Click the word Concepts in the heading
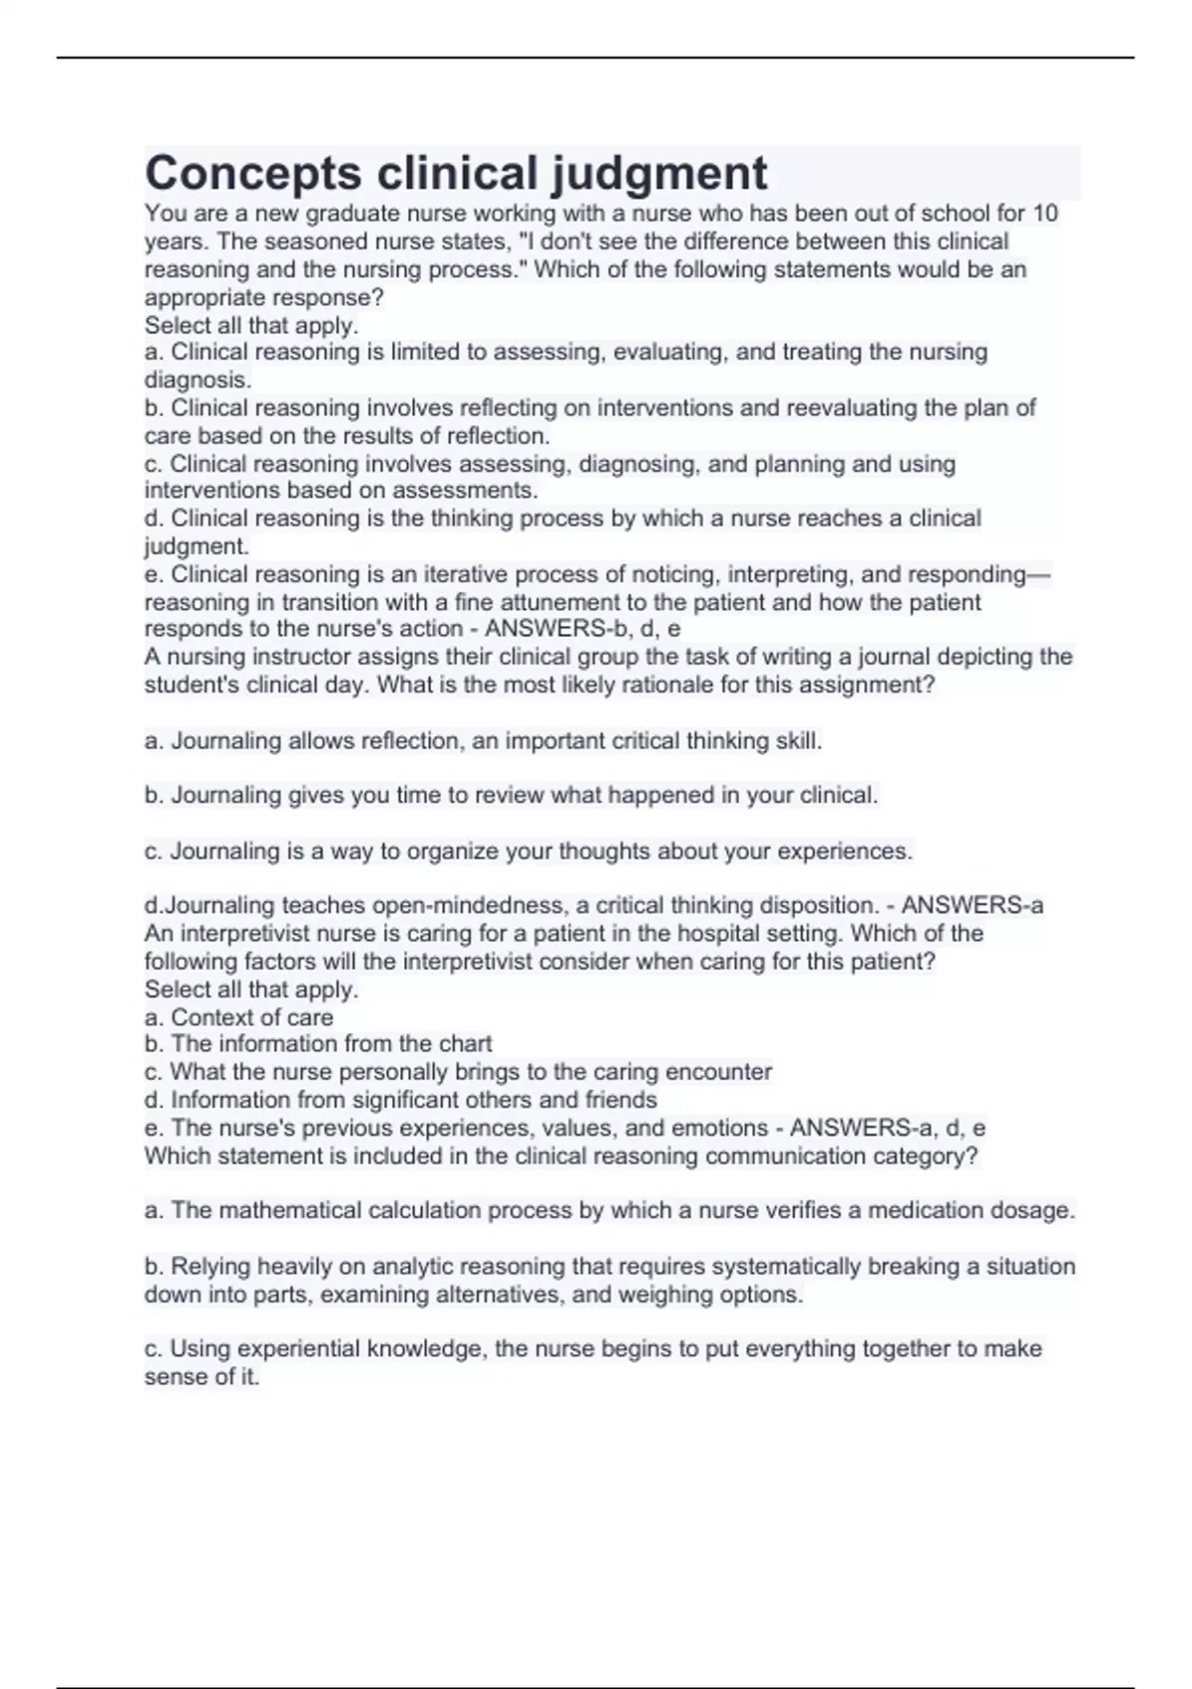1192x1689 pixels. coord(253,174)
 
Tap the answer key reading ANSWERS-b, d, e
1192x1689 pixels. coord(582,629)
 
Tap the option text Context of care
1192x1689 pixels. coord(251,1017)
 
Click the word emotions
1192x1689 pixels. coord(724,1128)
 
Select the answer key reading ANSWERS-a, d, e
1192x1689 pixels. coord(887,1128)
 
